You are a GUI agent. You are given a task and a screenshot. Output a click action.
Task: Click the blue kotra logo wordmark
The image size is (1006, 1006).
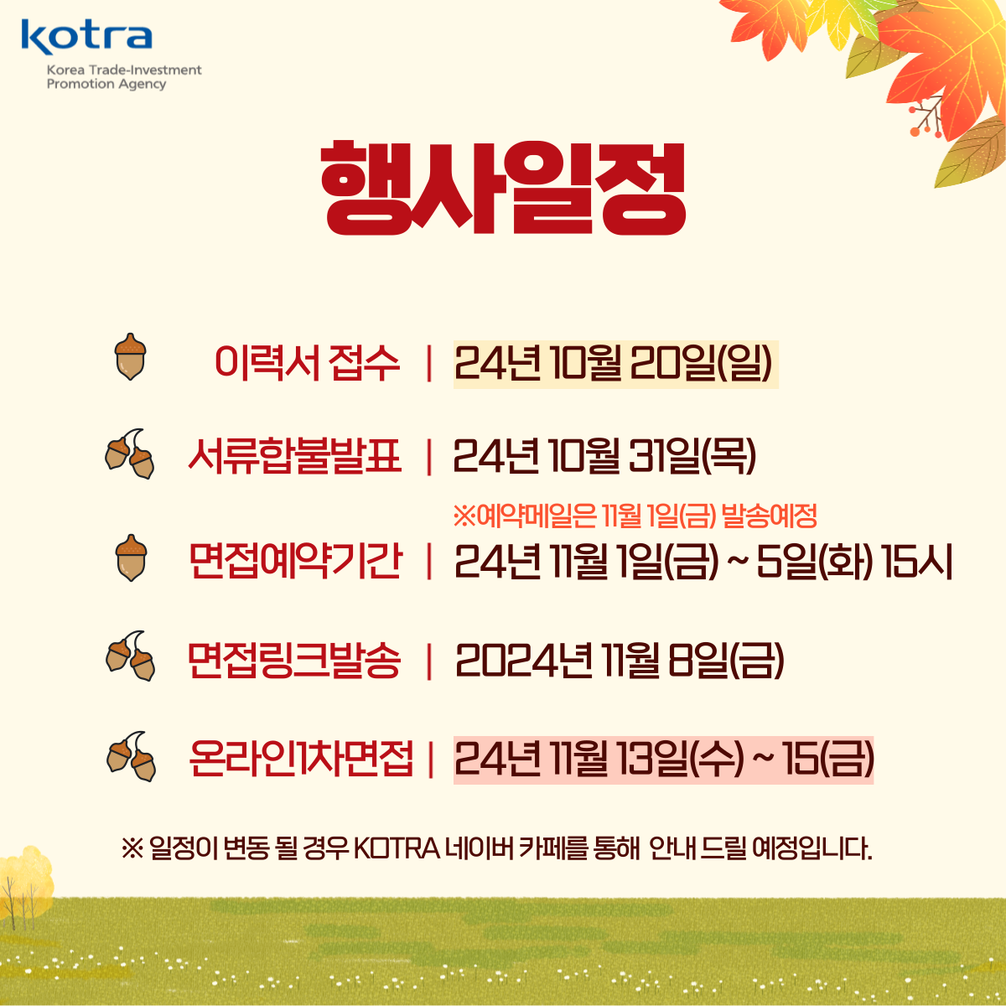click(86, 37)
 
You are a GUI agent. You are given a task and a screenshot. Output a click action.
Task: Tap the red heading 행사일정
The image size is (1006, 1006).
click(503, 188)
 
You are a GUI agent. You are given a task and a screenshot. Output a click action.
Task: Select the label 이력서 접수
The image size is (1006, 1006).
click(307, 363)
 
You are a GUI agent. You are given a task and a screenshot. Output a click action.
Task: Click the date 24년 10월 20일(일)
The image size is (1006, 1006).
click(613, 364)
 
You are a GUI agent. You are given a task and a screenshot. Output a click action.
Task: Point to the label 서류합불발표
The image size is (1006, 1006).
click(295, 457)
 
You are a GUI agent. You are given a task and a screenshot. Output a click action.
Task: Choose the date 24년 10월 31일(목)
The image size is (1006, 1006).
click(604, 457)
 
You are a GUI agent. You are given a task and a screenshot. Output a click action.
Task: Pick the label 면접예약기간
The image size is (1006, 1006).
click(295, 561)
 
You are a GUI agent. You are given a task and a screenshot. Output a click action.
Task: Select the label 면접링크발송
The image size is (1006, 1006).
click(294, 660)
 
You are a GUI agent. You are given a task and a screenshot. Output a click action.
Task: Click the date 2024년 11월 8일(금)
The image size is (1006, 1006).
click(620, 661)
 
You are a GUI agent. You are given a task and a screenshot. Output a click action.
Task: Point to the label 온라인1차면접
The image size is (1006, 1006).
click(301, 759)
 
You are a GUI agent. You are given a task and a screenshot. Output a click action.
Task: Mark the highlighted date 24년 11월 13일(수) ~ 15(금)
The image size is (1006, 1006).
click(663, 760)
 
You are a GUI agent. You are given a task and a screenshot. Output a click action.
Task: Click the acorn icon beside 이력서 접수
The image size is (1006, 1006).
click(130, 356)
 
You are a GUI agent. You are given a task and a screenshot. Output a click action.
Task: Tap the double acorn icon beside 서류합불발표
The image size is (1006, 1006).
click(129, 454)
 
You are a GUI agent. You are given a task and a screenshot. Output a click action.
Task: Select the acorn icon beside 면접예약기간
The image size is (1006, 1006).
click(131, 557)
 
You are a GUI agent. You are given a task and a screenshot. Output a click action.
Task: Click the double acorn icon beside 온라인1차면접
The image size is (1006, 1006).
click(131, 756)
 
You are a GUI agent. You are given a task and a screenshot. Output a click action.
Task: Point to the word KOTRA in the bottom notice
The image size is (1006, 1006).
click(397, 849)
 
